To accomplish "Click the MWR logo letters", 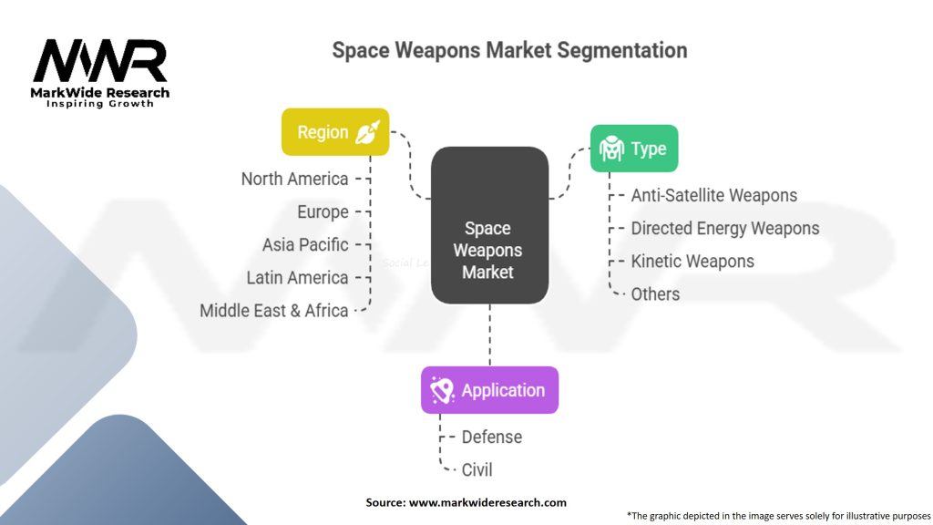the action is pyautogui.click(x=100, y=61).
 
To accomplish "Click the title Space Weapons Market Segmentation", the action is pyautogui.click(x=509, y=51).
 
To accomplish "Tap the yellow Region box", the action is pyautogui.click(x=335, y=132).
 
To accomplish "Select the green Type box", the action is pyautogui.click(x=634, y=149).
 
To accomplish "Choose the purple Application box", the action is pyautogui.click(x=489, y=390).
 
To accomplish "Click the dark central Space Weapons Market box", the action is pyautogui.click(x=489, y=226).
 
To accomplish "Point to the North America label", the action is pyautogui.click(x=294, y=180).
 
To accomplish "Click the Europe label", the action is pyautogui.click(x=323, y=211).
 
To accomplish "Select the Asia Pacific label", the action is pyautogui.click(x=305, y=244).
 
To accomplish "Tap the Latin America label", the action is pyautogui.click(x=297, y=278).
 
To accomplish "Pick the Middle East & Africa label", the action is pyautogui.click(x=273, y=311).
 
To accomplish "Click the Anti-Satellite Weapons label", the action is pyautogui.click(x=714, y=196).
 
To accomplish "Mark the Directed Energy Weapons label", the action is pyautogui.click(x=724, y=229).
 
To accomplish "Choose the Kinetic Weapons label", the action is pyautogui.click(x=692, y=262).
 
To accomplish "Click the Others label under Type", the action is pyautogui.click(x=655, y=294).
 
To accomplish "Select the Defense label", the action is pyautogui.click(x=491, y=437).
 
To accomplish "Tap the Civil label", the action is pyautogui.click(x=477, y=469).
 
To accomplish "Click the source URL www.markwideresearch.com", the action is pyautogui.click(x=487, y=502).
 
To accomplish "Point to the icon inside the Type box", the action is pyautogui.click(x=611, y=149).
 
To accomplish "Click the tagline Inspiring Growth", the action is pyautogui.click(x=100, y=104).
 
